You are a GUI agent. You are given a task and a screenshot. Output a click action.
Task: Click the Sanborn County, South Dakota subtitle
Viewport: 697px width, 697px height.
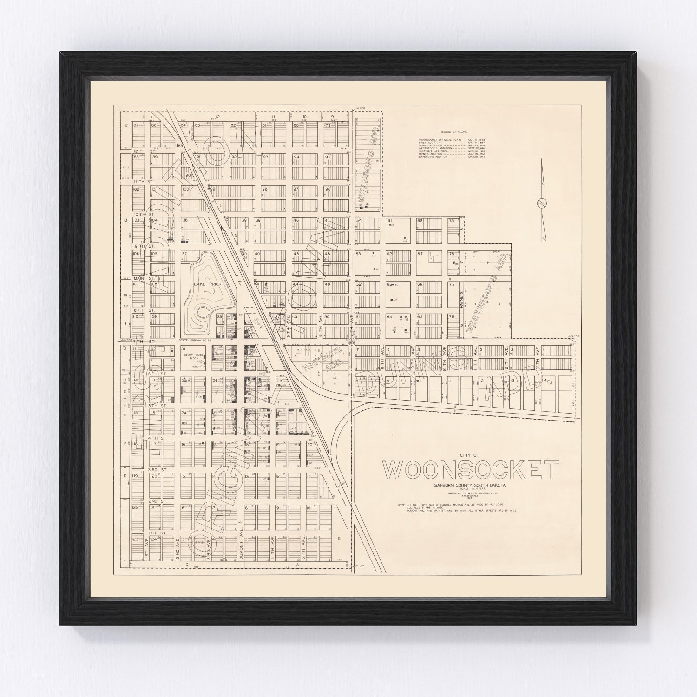[469, 486]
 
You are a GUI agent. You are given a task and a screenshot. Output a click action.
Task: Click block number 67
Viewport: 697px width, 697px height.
[420, 254]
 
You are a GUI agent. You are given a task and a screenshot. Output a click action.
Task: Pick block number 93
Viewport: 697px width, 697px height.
[266, 157]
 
